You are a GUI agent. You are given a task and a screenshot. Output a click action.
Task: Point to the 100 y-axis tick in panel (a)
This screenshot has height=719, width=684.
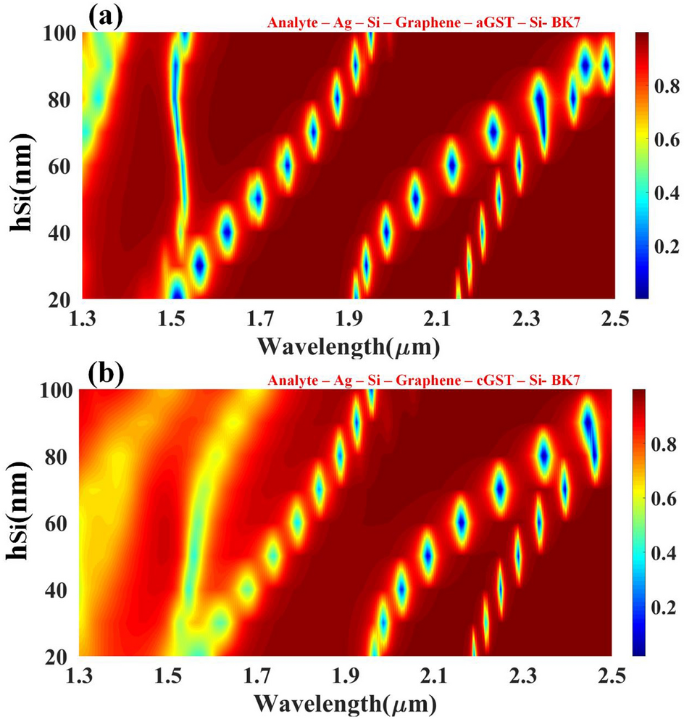pyautogui.click(x=59, y=33)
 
